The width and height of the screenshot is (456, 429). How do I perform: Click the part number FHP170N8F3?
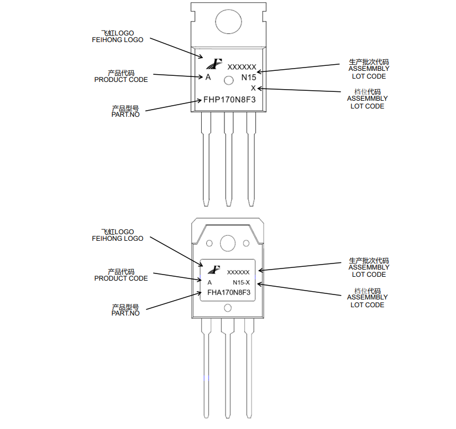[229, 100]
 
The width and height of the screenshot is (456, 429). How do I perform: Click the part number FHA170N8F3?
[229, 292]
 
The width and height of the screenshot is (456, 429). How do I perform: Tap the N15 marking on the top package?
[249, 77]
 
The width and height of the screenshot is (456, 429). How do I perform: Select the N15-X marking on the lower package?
[241, 282]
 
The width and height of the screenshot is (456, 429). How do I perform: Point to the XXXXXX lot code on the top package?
[242, 68]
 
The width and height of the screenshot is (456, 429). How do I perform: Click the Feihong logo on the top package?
[214, 64]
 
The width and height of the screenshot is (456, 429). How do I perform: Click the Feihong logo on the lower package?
[214, 270]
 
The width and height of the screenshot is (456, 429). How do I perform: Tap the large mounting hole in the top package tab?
[229, 22]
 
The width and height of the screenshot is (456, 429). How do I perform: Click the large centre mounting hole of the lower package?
[228, 243]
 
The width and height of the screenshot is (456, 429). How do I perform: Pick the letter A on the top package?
[208, 77]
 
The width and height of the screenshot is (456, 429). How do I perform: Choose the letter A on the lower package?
[209, 282]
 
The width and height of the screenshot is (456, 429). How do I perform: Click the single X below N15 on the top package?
[253, 88]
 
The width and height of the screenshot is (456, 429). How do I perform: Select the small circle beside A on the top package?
[229, 80]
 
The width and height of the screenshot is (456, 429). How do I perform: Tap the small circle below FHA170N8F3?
[228, 308]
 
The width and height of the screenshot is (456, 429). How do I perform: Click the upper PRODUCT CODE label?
[121, 80]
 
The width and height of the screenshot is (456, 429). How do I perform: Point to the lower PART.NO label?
[125, 313]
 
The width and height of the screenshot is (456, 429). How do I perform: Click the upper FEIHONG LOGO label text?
[118, 40]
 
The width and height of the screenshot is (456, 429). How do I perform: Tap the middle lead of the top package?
[229, 159]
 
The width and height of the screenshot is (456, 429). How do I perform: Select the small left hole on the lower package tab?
[209, 243]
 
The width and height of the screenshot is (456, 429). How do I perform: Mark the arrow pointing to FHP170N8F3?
[174, 105]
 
